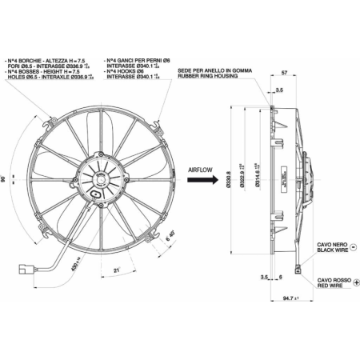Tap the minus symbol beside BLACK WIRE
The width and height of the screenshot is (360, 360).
coord(353,249)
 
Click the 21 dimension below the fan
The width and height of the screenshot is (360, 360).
coord(116,270)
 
